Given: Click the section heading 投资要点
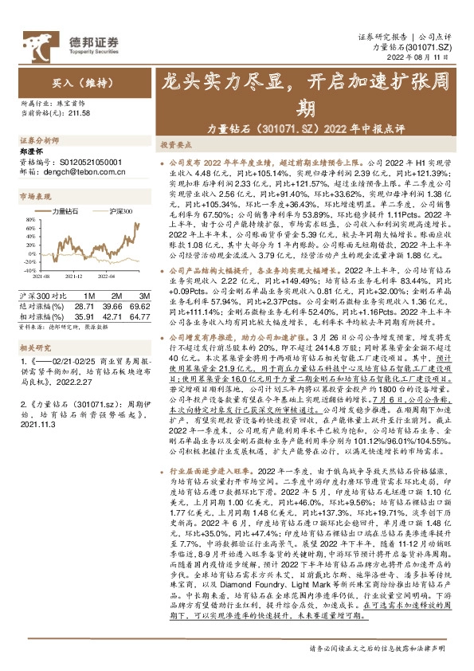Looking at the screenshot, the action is (x=174, y=146).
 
